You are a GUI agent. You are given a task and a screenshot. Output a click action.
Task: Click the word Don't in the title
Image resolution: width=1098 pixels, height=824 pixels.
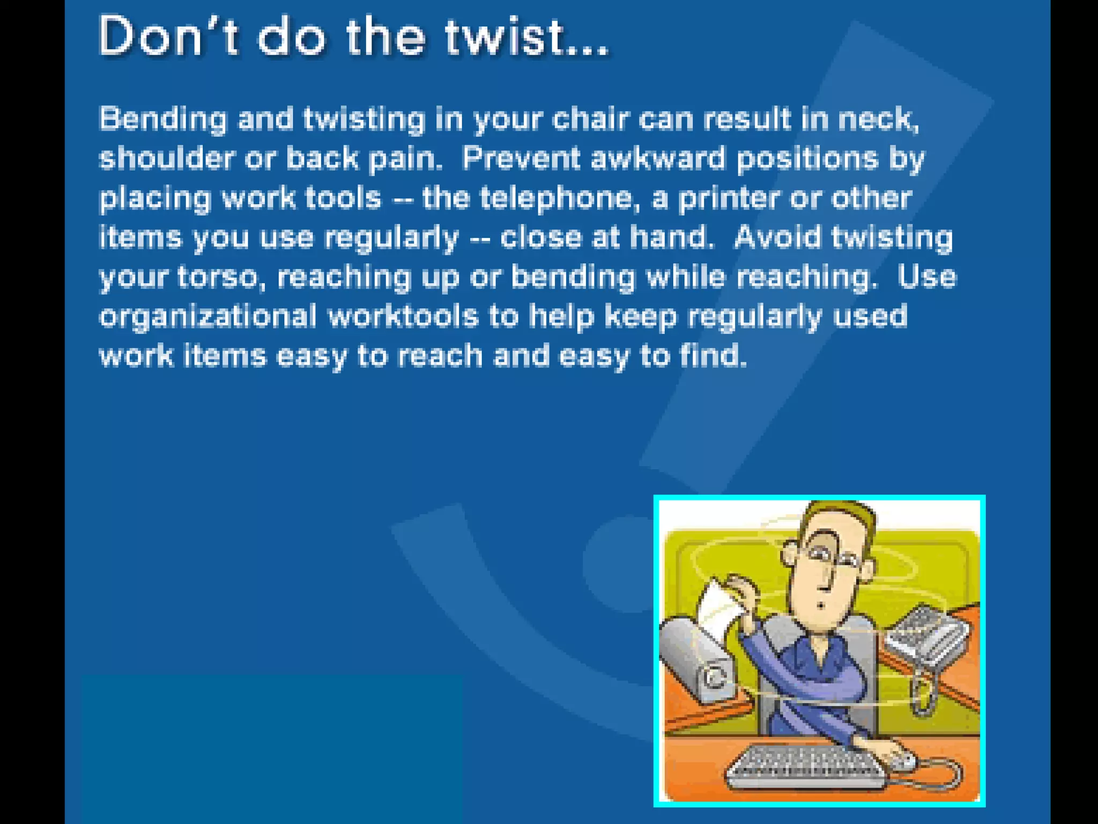coord(167,36)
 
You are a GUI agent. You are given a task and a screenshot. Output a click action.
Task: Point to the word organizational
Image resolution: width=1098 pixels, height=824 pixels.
coord(208,317)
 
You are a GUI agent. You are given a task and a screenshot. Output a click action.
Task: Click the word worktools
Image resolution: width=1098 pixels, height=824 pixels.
coord(403,317)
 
